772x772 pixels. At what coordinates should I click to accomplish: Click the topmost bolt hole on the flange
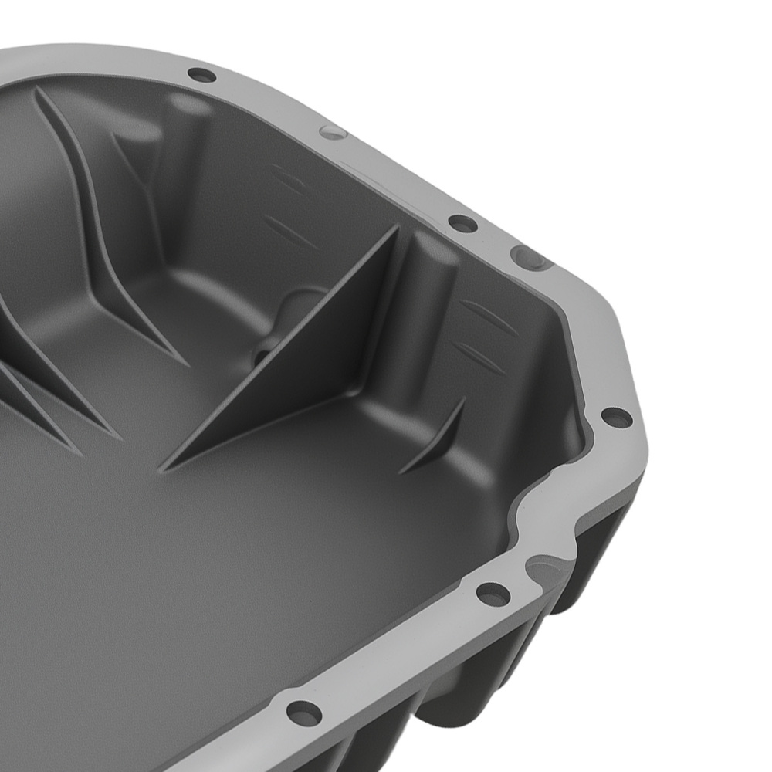(201, 75)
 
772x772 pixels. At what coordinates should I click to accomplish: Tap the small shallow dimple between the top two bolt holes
(333, 131)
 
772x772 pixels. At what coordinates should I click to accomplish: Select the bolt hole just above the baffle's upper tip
(462, 224)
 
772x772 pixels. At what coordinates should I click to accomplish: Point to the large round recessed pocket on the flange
(531, 257)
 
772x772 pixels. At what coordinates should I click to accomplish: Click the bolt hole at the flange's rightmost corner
(615, 418)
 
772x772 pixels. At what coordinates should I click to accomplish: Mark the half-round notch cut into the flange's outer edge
(547, 570)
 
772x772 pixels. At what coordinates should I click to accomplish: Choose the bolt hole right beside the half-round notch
(493, 594)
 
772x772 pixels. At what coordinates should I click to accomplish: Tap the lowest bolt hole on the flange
(303, 712)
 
